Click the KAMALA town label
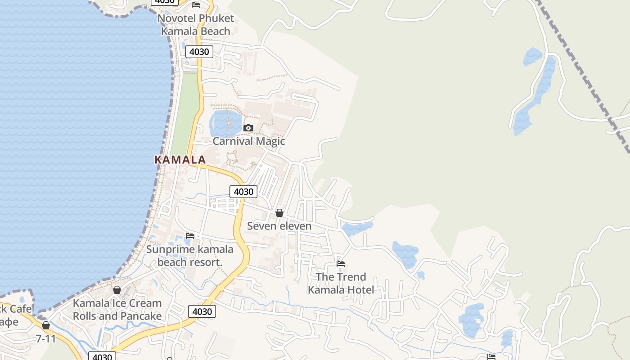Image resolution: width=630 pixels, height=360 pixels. coord(180,160)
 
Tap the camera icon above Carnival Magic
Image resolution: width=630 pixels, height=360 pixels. coord(248,128)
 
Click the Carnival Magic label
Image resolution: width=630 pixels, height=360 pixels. coord(248,141)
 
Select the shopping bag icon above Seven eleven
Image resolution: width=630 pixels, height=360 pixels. coord(279,213)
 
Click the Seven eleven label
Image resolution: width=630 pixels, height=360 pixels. coord(279,226)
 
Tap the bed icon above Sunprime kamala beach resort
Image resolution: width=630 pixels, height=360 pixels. coord(190,236)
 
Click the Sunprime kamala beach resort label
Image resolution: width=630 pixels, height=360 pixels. coord(190,256)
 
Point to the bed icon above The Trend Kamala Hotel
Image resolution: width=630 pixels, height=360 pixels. coord(341,264)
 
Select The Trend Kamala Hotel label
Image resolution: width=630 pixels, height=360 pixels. coord(341,283)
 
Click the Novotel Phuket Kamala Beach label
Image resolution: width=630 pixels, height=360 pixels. coord(196,25)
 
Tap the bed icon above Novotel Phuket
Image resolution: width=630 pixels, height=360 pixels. coord(196,5)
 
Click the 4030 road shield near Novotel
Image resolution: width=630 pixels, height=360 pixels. coord(199,52)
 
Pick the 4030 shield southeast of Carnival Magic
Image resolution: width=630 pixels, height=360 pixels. coord(243,192)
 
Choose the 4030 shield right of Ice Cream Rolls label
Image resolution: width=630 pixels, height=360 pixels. coord(202,311)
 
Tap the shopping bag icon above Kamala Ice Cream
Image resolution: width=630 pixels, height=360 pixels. coord(117,290)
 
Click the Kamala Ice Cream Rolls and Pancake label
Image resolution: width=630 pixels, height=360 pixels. coord(117,310)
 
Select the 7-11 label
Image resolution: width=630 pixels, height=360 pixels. coord(46,338)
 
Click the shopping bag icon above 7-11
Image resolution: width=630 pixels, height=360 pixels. coord(46,325)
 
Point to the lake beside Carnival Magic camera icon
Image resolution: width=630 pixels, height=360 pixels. coord(223,122)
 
